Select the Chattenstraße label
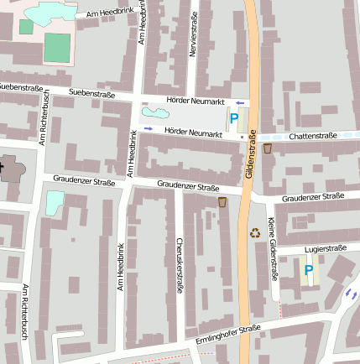[x=311, y=135]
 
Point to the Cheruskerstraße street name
[x=180, y=266]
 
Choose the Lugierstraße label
[x=326, y=248]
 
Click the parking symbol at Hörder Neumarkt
[x=234, y=118]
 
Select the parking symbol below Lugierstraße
[x=309, y=270]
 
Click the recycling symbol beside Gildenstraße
[x=255, y=232]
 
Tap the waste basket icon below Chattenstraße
[x=268, y=148]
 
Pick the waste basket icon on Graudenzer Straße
[x=223, y=202]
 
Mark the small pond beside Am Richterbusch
[x=55, y=201]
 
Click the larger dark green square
[x=58, y=46]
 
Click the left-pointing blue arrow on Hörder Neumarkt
[x=240, y=102]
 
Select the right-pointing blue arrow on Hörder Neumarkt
[x=149, y=128]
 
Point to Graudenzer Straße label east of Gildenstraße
[x=313, y=197]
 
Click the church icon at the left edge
[x=3, y=167]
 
